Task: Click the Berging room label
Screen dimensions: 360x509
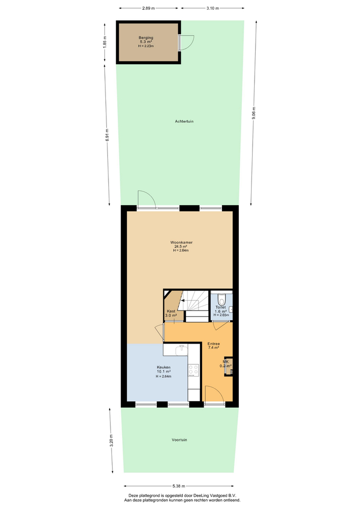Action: click(x=146, y=38)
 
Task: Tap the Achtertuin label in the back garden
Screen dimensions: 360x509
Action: click(x=184, y=122)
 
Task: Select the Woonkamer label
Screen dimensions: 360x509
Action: click(x=181, y=242)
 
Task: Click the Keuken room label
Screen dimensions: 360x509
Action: click(x=163, y=367)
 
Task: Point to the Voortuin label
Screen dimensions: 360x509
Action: click(x=179, y=440)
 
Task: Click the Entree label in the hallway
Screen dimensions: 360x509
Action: click(x=213, y=344)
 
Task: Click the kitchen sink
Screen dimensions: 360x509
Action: click(x=181, y=350)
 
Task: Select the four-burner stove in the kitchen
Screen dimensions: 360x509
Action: click(x=194, y=370)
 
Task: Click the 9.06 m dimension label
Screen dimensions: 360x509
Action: click(x=254, y=113)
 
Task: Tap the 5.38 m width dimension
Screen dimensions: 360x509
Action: click(x=179, y=486)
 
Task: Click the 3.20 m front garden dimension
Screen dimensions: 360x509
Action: click(x=111, y=440)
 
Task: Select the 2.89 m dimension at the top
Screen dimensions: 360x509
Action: click(x=148, y=8)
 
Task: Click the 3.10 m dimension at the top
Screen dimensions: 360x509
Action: click(x=213, y=8)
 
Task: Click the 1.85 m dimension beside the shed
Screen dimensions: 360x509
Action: click(x=104, y=42)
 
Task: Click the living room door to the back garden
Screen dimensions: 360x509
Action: click(x=147, y=199)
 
